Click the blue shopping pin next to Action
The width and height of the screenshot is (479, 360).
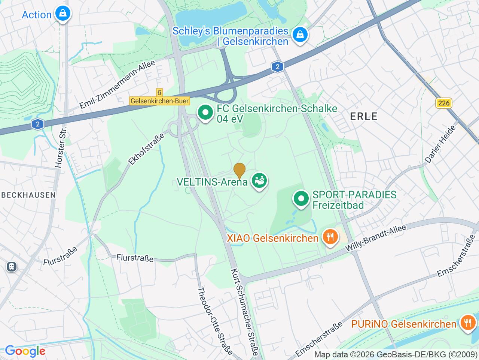pyautogui.click(x=62, y=14)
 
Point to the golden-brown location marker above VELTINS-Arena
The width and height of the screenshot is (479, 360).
pyautogui.click(x=239, y=170)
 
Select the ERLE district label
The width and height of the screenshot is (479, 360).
pyautogui.click(x=364, y=116)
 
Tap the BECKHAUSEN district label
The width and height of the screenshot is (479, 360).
pyautogui.click(x=28, y=195)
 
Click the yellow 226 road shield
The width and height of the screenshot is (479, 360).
pyautogui.click(x=444, y=103)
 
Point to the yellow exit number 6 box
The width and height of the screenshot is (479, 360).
pyautogui.click(x=159, y=92)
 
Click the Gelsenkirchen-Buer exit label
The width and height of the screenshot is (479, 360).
pyautogui.click(x=160, y=101)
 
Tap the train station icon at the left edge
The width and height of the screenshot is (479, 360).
pyautogui.click(x=12, y=267)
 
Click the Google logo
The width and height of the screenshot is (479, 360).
pyautogui.click(x=25, y=351)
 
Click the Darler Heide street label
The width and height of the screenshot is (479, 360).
pyautogui.click(x=440, y=144)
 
